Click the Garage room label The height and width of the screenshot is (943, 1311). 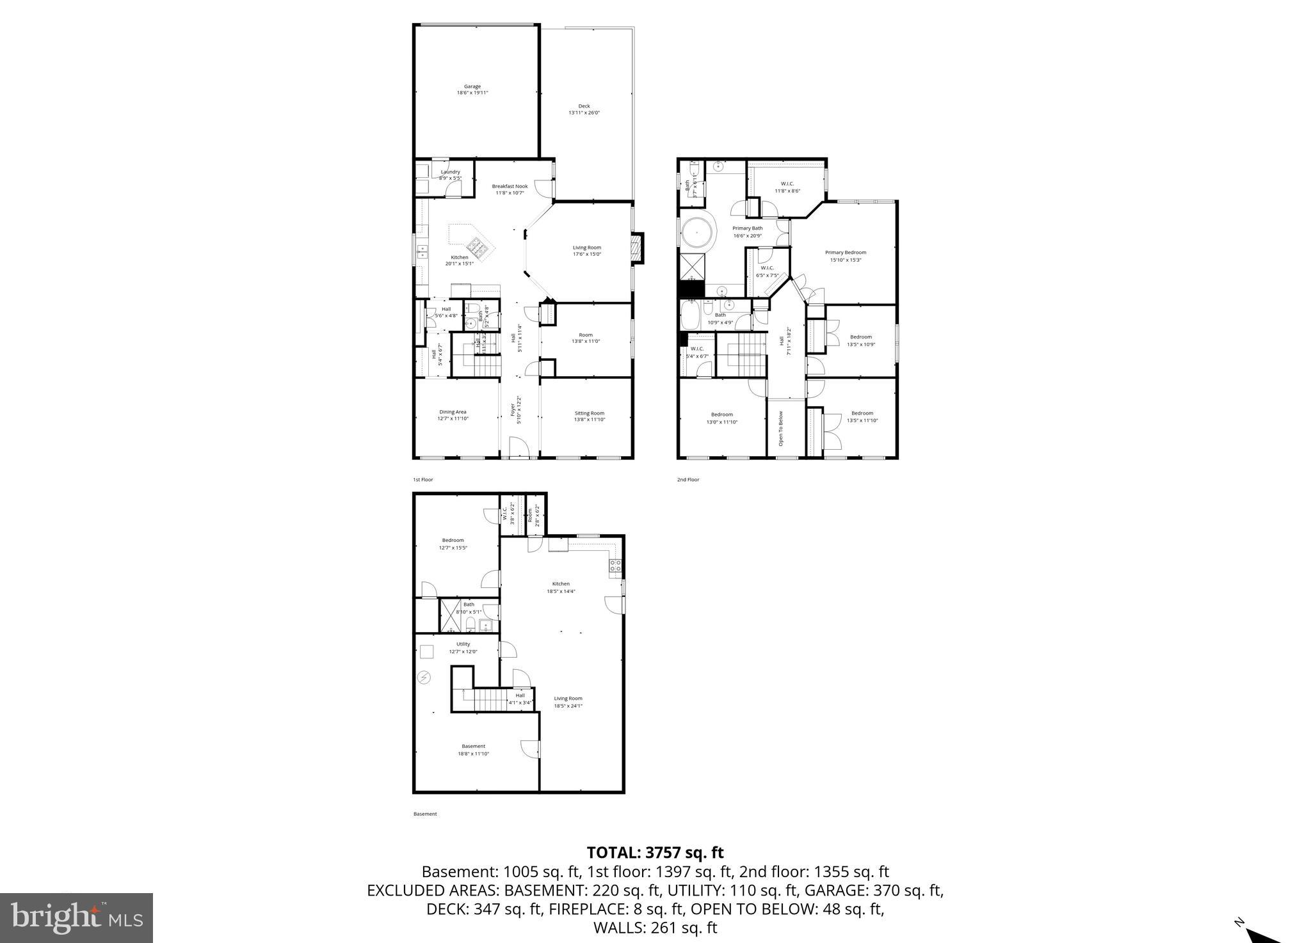472,90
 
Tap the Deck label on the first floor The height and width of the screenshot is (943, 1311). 584,109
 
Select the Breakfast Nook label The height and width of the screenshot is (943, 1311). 510,189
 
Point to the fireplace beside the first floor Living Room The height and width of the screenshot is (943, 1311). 636,249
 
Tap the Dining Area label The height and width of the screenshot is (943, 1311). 453,415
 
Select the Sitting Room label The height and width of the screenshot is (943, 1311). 589,416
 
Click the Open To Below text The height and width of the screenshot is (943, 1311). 781,428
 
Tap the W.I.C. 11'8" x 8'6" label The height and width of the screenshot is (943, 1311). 787,187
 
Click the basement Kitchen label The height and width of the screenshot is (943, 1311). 561,587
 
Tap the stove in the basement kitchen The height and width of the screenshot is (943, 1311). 615,565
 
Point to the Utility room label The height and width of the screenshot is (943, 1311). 463,647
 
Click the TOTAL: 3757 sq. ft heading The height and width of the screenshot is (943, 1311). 655,852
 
